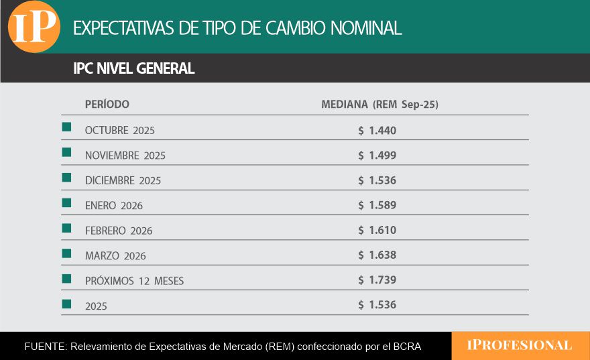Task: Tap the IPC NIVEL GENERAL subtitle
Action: [133, 68]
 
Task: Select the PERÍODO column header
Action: [107, 105]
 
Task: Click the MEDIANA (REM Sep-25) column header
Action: [379, 105]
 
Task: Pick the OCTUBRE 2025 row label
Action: [119, 130]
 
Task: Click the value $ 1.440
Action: [377, 130]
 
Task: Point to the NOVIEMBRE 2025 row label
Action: [125, 156]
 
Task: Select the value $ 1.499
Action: [377, 156]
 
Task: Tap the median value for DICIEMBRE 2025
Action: [377, 180]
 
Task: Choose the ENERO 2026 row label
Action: [113, 206]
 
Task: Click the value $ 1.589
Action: [377, 205]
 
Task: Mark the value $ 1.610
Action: [377, 230]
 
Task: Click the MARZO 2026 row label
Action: [115, 256]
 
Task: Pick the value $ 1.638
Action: [377, 255]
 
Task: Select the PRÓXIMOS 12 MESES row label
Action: [134, 281]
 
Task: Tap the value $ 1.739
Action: [377, 280]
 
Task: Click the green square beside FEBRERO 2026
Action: [66, 228]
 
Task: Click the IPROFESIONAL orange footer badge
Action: [520, 346]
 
